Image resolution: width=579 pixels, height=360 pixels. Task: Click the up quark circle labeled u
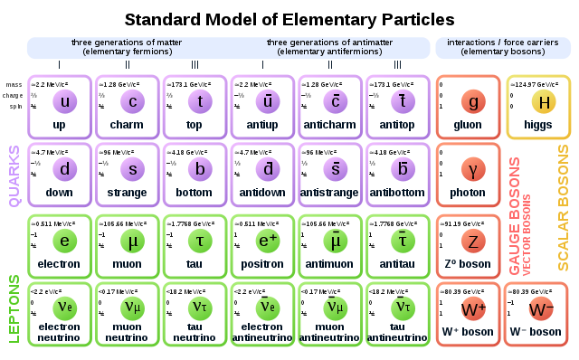[x=64, y=101]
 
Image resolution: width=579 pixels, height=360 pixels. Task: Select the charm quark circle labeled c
[x=132, y=101]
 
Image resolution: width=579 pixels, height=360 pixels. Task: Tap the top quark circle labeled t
[x=199, y=101]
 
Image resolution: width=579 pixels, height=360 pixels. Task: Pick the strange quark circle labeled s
[x=132, y=169]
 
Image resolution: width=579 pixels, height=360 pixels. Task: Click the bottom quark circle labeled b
[x=199, y=169]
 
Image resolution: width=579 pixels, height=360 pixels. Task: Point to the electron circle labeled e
[x=64, y=241]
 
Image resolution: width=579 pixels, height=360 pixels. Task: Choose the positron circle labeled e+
[x=268, y=241]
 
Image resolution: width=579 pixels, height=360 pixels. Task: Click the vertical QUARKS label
[x=14, y=176]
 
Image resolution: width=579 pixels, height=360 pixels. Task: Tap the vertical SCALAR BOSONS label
[x=563, y=207]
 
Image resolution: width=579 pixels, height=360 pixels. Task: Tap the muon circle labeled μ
[x=132, y=241]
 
